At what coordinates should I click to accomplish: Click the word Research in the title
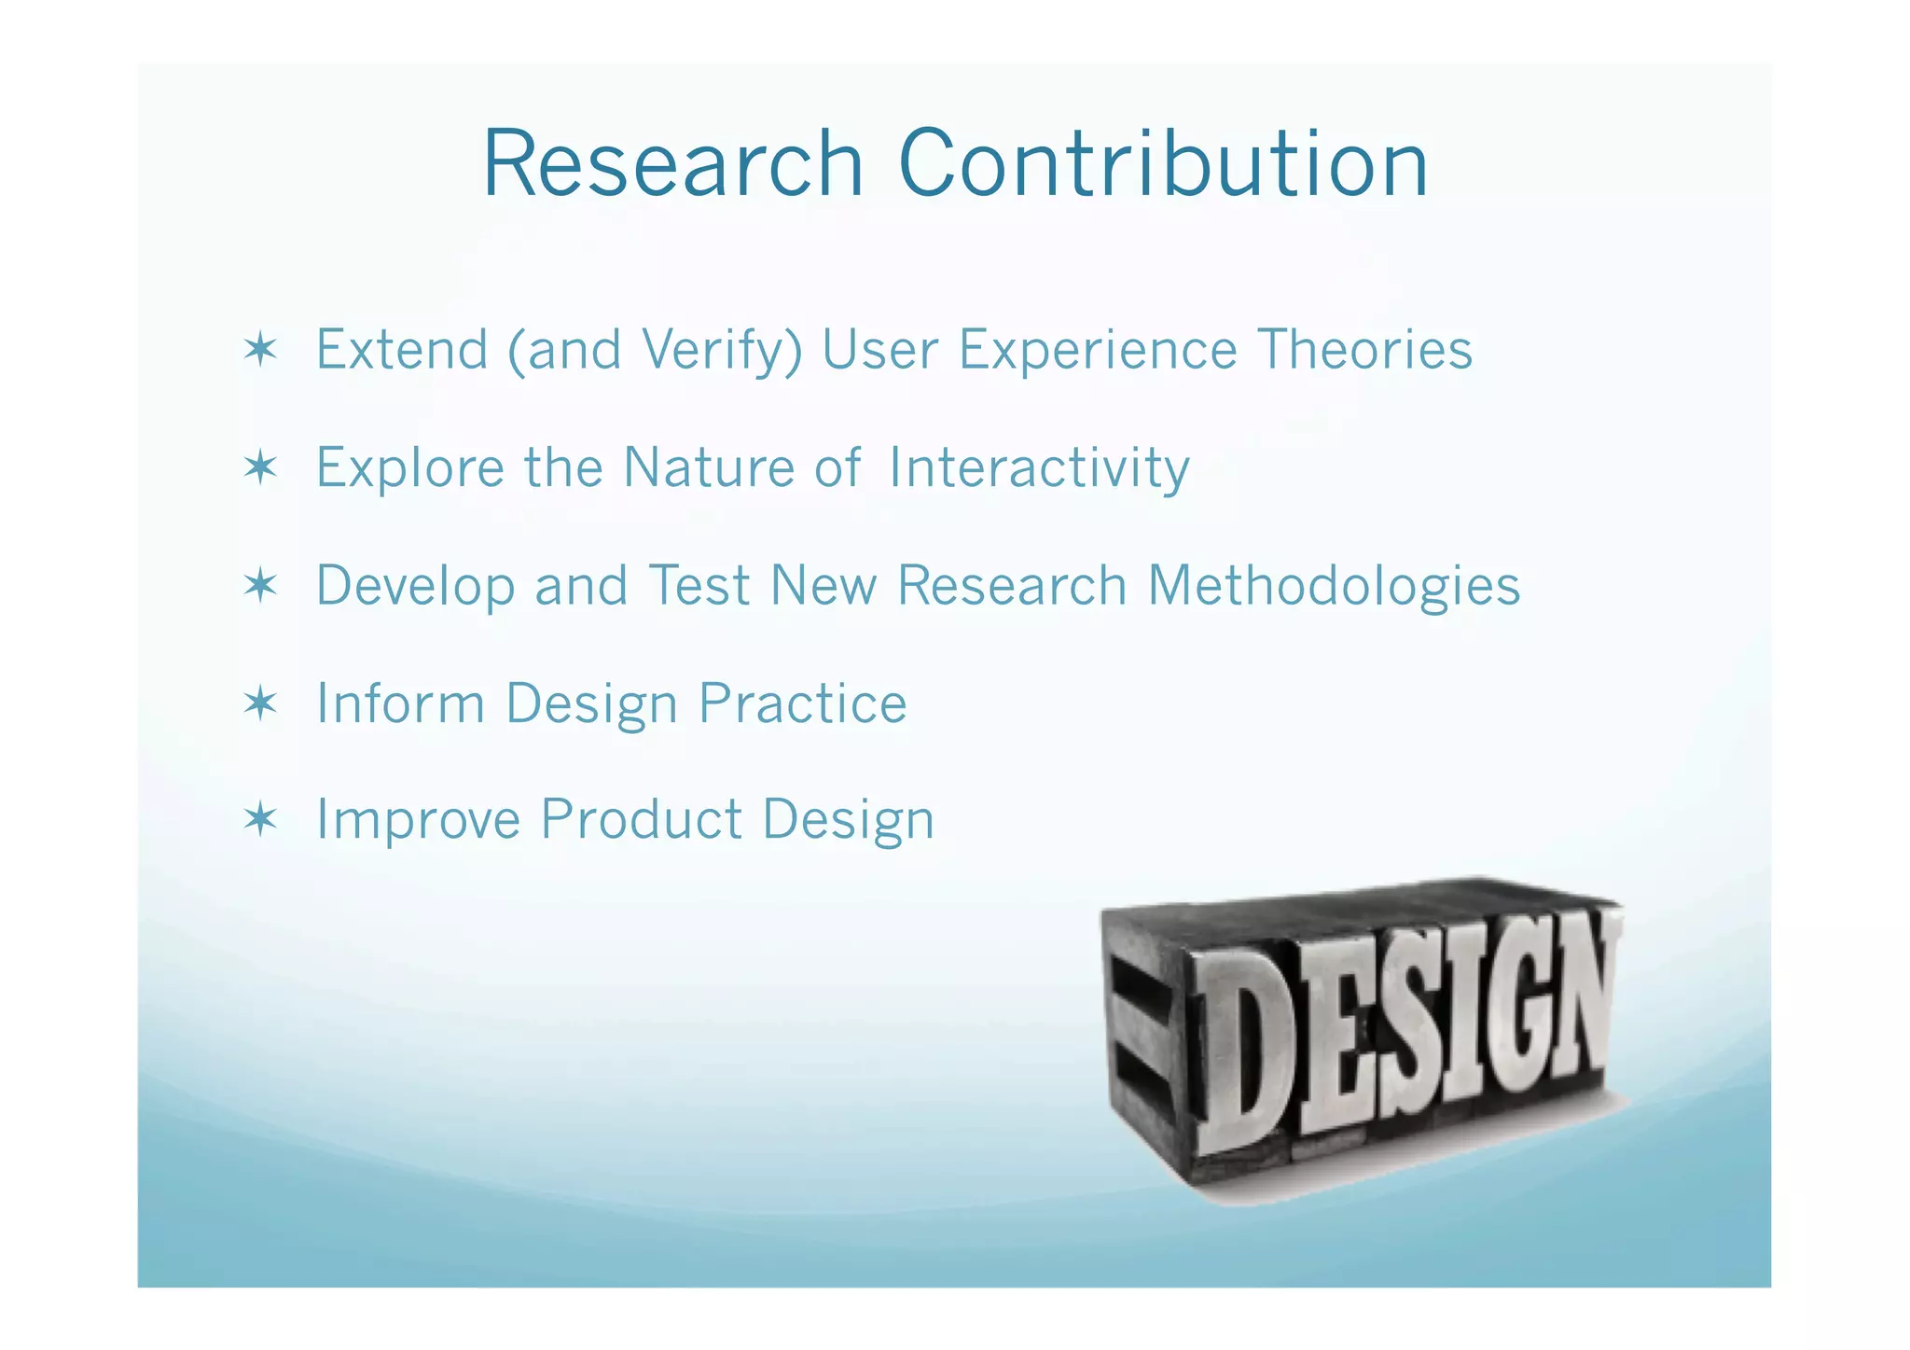(672, 164)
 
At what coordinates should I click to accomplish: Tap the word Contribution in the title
(1163, 164)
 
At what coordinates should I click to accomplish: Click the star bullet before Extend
(260, 350)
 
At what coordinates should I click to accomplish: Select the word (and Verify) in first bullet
(655, 351)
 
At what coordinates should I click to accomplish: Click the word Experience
(1098, 351)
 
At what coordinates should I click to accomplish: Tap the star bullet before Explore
(260, 466)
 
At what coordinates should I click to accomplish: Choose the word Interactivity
(1039, 467)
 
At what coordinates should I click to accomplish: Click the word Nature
(708, 467)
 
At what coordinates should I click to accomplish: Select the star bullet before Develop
(260, 586)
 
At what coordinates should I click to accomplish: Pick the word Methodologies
(1334, 586)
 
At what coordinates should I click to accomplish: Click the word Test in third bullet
(699, 586)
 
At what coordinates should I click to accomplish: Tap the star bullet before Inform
(260, 703)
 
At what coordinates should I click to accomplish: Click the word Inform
(400, 703)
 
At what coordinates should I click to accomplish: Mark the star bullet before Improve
(260, 819)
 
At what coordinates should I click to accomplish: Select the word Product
(641, 819)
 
